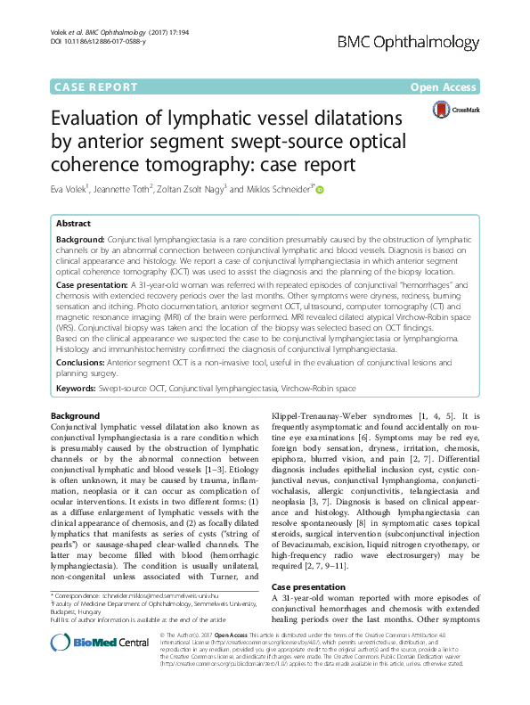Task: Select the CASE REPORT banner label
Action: tap(95, 87)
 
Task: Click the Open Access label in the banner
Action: tap(444, 87)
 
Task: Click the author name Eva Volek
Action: tap(71, 189)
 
